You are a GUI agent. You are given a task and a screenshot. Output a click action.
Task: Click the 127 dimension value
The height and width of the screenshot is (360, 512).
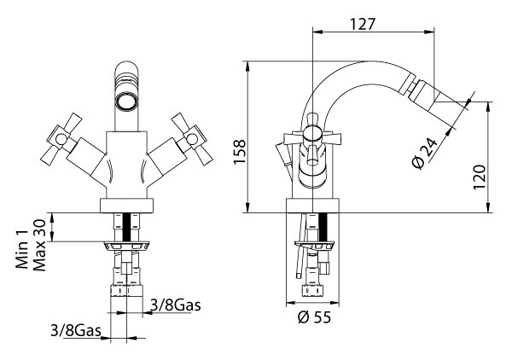tap(363, 24)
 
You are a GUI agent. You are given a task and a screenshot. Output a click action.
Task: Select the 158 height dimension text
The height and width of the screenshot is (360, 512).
tap(240, 152)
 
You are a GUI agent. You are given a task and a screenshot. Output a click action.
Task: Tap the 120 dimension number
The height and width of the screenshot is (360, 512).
tap(480, 177)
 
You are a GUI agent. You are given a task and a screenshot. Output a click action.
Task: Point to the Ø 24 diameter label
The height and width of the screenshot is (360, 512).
tap(425, 153)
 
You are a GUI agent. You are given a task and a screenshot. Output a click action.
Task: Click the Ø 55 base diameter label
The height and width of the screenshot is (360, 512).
tap(314, 316)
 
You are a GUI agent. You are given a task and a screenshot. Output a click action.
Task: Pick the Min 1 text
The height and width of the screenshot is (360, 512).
tap(22, 250)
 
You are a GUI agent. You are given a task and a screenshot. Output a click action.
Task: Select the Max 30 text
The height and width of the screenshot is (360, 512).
tap(39, 245)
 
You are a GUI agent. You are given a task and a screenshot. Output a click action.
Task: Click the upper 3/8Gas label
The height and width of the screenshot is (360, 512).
tap(175, 305)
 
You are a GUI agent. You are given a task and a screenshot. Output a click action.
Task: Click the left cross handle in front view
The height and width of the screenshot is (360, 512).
tap(61, 139)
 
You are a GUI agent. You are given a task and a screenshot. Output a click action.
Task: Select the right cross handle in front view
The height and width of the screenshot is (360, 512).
tap(192, 139)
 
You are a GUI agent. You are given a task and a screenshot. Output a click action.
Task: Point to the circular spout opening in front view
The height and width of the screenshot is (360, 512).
tap(126, 102)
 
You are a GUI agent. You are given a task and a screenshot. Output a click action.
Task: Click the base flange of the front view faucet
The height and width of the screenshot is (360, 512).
tap(126, 206)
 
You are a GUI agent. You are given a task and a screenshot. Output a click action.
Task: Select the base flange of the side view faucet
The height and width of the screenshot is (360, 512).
tap(312, 206)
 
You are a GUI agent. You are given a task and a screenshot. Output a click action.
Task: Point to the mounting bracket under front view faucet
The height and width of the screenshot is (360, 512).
tap(126, 246)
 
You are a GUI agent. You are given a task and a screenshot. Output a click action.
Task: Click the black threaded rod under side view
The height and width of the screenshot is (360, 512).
tap(323, 227)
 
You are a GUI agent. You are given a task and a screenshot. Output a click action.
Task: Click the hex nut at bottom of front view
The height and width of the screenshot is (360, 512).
tap(126, 291)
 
